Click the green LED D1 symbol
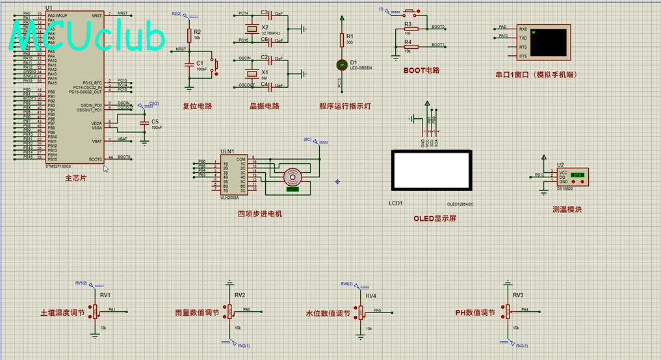pyautogui.click(x=342, y=64)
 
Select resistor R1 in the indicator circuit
pyautogui.click(x=342, y=40)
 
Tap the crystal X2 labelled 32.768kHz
pyautogui.click(x=248, y=28)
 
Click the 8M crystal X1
pyautogui.click(x=248, y=72)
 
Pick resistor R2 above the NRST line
pyautogui.click(x=189, y=34)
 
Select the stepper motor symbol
pyautogui.click(x=292, y=176)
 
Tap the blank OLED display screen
pyautogui.click(x=431, y=170)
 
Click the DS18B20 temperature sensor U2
pyautogui.click(x=574, y=177)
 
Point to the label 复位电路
pyautogui.click(x=198, y=106)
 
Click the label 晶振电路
pyautogui.click(x=265, y=106)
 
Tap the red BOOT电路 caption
pyautogui.click(x=421, y=70)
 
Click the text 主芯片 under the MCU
pyautogui.click(x=76, y=177)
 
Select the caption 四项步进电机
pyautogui.click(x=260, y=213)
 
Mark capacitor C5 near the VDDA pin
pyautogui.click(x=144, y=122)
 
